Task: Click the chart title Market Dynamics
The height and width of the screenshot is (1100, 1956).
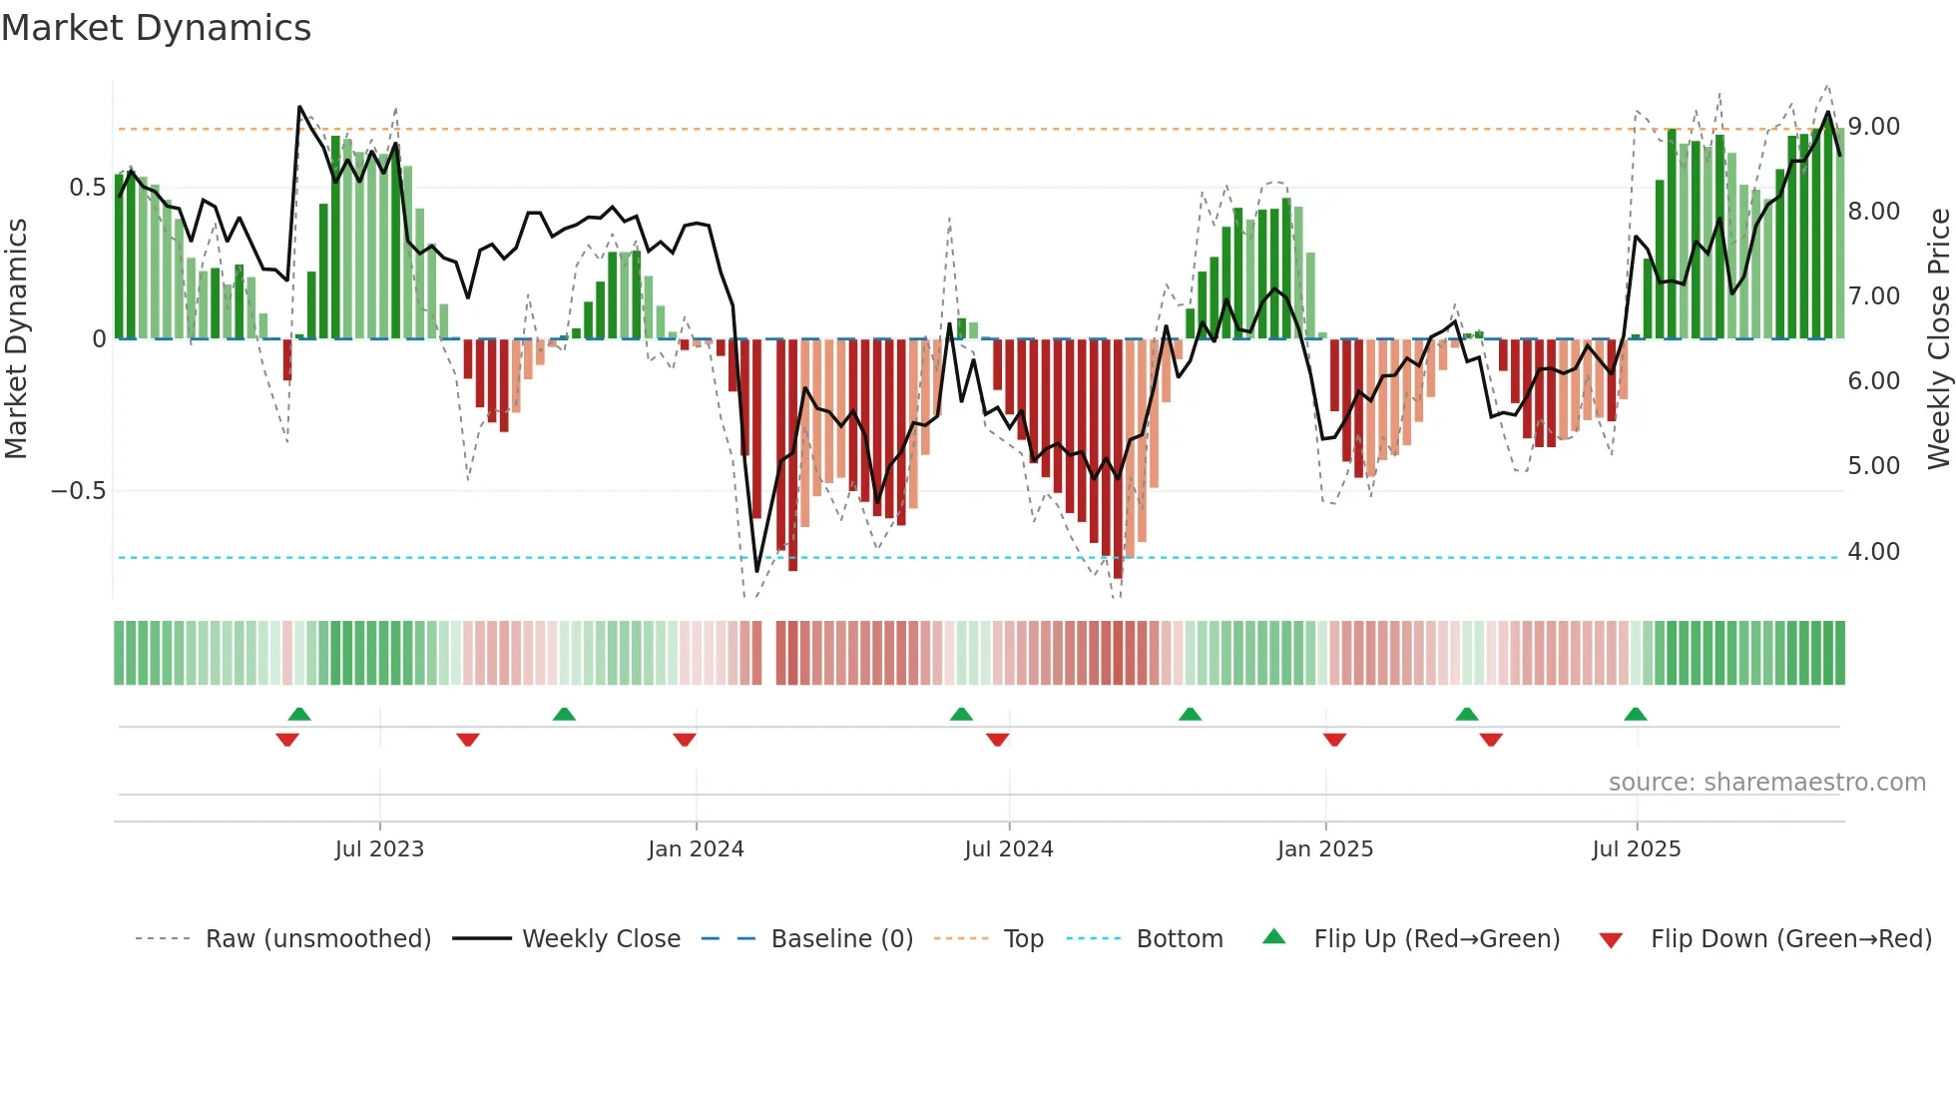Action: [156, 28]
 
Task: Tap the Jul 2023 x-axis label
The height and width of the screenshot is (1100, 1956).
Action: [379, 849]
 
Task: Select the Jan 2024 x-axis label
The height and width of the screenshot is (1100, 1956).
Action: [696, 849]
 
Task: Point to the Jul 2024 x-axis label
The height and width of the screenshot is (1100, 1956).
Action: [1008, 849]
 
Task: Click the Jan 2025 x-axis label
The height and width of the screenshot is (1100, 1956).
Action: [1324, 849]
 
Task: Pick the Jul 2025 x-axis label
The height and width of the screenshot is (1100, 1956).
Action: [1636, 849]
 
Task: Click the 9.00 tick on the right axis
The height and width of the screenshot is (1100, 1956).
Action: [1873, 127]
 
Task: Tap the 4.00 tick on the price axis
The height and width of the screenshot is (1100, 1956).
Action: [1873, 552]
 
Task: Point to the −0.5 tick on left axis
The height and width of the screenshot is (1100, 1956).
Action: [78, 491]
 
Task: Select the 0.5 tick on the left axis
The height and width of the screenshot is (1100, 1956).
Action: [87, 188]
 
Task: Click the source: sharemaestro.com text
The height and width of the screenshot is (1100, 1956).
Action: [1766, 783]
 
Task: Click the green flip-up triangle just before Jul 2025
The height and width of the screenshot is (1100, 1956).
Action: [1635, 715]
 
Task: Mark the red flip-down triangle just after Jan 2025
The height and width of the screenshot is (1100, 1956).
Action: [1334, 740]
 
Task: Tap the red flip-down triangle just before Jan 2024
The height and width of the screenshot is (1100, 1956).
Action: [685, 740]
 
